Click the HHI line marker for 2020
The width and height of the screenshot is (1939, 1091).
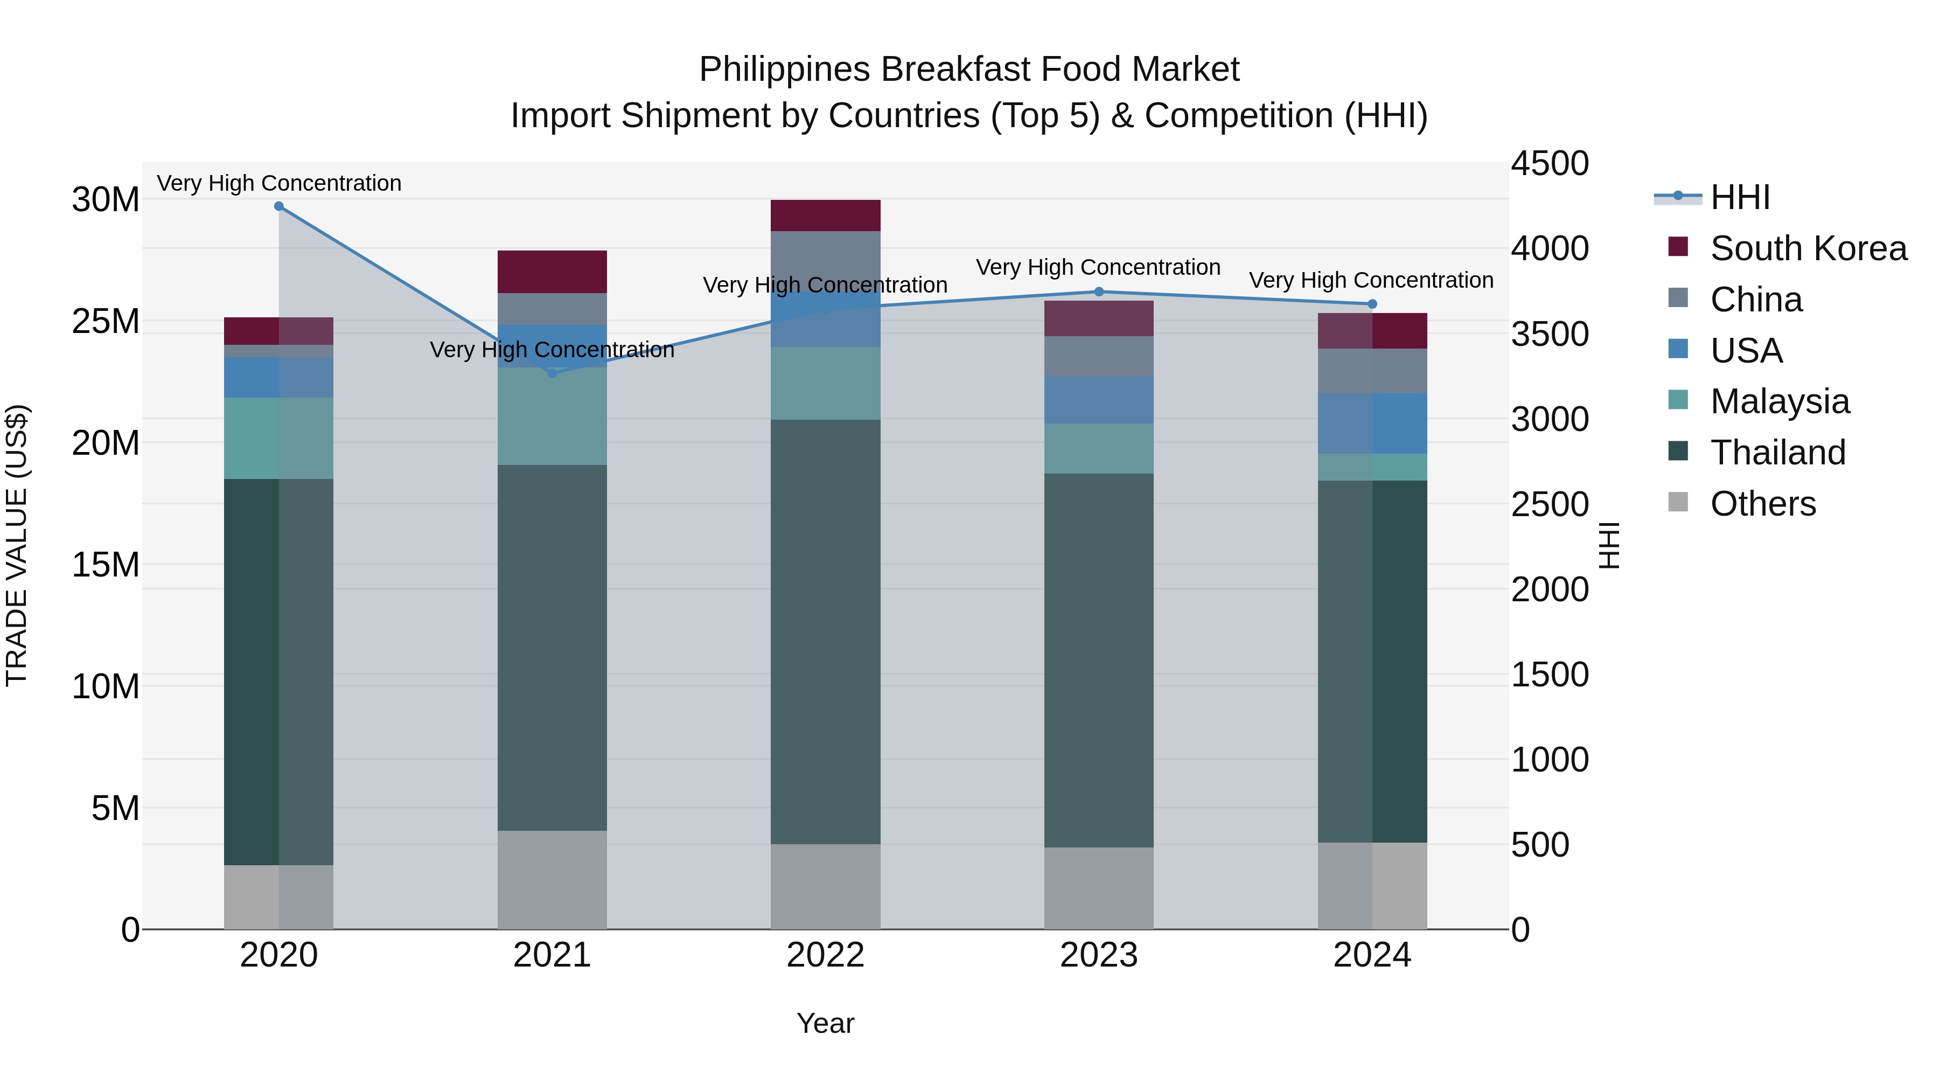point(278,206)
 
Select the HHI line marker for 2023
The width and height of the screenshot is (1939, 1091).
point(1098,291)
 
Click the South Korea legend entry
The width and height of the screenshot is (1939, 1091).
point(1808,248)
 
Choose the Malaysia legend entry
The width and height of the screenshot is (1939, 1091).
point(1780,401)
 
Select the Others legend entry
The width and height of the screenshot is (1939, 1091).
point(1762,504)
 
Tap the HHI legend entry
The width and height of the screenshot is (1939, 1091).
point(1740,197)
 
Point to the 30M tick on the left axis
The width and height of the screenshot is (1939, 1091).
point(106,200)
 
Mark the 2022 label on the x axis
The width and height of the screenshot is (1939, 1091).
point(825,955)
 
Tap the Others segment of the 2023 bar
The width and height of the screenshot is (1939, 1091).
point(1098,888)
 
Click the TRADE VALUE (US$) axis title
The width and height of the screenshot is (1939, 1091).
point(17,545)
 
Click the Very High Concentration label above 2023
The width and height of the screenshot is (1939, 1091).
point(1098,267)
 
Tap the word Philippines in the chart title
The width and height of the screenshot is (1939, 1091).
point(784,70)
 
